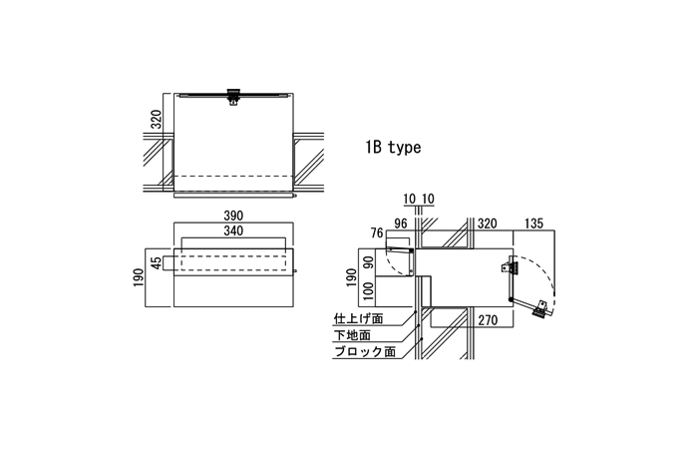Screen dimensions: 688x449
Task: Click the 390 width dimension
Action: tap(233, 216)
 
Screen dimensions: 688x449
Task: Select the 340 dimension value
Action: tap(233, 230)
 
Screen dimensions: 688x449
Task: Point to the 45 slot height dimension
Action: tap(157, 262)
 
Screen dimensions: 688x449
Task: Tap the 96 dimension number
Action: tap(401, 224)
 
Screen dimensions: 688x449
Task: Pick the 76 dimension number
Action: tap(377, 233)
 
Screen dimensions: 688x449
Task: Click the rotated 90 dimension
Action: tap(369, 262)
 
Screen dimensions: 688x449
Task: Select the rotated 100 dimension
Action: tap(369, 291)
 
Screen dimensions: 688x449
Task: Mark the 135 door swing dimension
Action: tap(533, 224)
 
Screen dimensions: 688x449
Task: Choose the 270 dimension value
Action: tap(488, 320)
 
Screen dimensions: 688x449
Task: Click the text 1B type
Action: tap(394, 148)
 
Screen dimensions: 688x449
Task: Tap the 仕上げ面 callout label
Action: tap(358, 318)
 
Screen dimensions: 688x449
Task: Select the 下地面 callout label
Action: tap(352, 335)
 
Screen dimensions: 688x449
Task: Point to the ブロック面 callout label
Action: tap(365, 351)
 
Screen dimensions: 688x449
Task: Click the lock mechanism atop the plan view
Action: tap(233, 97)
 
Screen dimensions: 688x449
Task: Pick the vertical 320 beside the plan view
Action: tap(157, 120)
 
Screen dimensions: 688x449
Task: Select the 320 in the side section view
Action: tap(487, 224)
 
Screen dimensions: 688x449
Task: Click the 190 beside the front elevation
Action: tap(139, 277)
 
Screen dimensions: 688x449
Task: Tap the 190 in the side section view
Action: tap(351, 277)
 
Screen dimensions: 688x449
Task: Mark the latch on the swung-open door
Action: tap(540, 308)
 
